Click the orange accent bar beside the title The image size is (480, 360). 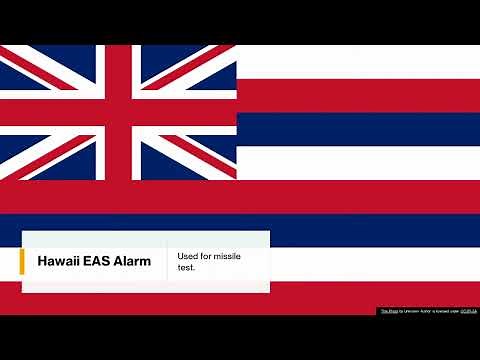tap(22, 262)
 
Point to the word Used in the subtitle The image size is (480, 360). tap(188, 256)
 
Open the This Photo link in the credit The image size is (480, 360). tap(389, 311)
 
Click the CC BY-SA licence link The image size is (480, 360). tap(468, 311)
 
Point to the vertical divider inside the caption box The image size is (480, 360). tap(167, 262)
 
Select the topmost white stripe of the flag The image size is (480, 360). tap(358, 62)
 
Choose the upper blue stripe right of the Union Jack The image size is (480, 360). tap(358, 129)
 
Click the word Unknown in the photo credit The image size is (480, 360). tap(411, 311)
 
